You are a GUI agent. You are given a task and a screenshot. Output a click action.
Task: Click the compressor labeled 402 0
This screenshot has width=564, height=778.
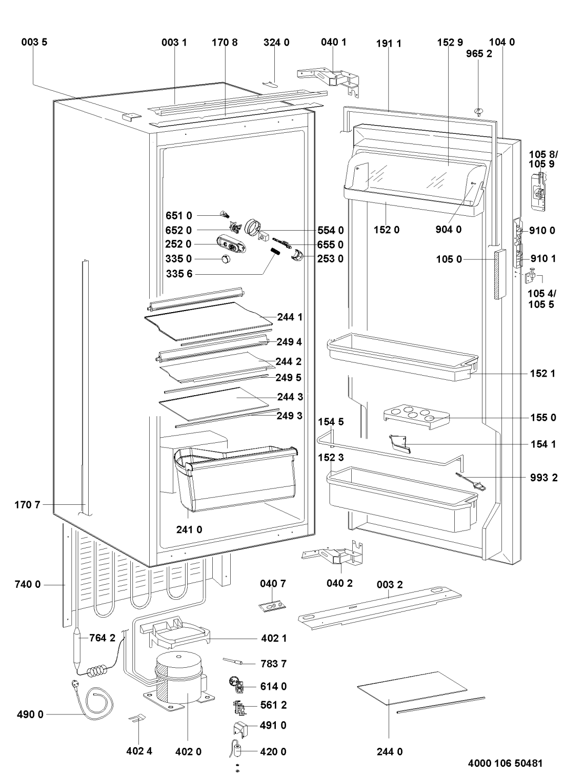(179, 679)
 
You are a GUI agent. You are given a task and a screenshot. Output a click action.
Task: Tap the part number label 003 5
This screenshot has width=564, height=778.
(34, 43)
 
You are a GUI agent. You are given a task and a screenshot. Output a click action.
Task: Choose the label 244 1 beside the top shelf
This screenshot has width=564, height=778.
(290, 317)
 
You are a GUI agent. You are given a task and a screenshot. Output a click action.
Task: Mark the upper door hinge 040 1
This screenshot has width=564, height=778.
(331, 77)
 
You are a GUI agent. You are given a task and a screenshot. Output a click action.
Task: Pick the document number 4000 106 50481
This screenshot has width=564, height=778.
(505, 763)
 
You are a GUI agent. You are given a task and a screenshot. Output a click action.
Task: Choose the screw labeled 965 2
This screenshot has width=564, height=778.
(480, 111)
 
